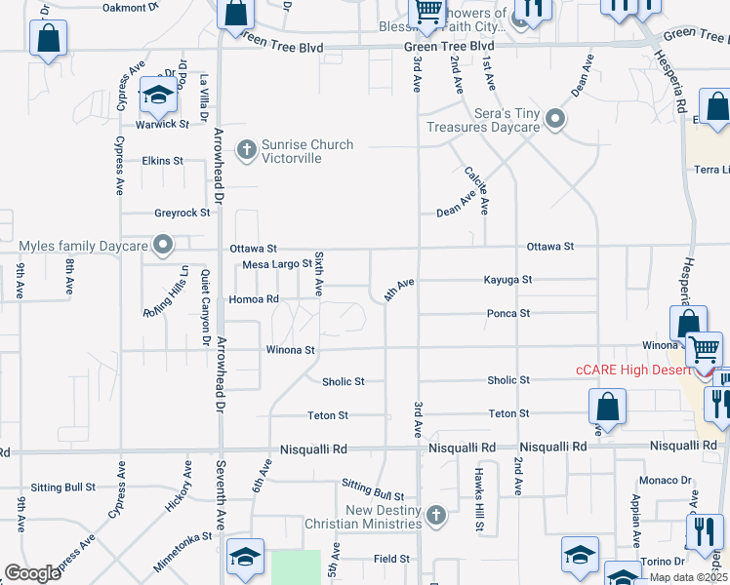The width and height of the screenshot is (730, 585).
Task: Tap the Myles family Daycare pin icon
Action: point(164,244)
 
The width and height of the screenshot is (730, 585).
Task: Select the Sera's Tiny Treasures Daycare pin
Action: point(556,121)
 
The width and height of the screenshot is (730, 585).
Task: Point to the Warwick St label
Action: point(162,124)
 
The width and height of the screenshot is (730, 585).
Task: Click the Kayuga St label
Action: point(507,280)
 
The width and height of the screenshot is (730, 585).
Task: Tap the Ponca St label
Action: point(508,313)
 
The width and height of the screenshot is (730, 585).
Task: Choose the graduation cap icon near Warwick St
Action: point(157,96)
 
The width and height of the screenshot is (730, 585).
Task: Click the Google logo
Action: point(33,573)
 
